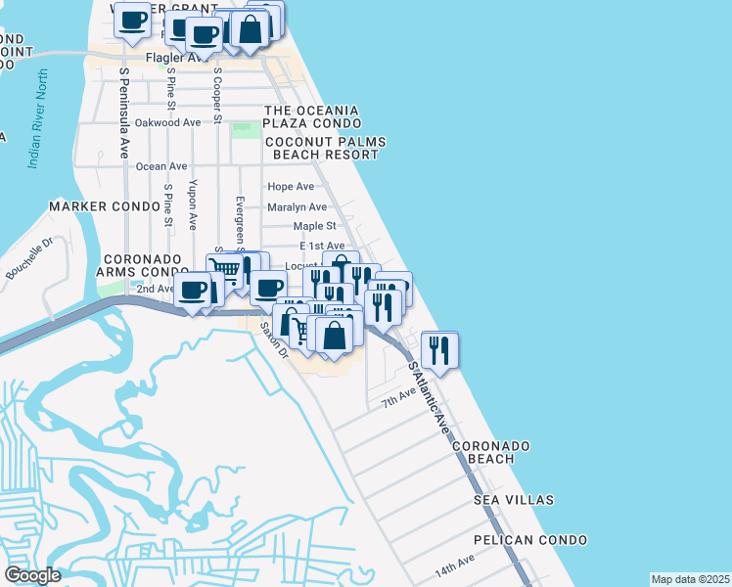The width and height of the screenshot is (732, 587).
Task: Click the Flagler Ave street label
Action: coord(172,58)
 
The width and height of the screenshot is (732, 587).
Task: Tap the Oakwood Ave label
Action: coord(167,122)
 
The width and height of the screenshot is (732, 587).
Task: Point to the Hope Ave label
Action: coord(291,186)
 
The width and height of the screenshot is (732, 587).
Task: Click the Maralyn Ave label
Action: coord(297,206)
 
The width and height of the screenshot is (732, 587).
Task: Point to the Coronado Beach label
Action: coord(491,452)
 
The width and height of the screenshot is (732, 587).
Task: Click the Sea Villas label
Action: coord(514,500)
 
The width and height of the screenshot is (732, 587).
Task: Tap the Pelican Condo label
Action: coord(529,540)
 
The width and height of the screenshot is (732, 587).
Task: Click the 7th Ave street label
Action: coord(399,399)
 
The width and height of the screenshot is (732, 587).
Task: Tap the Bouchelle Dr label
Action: coord(30,258)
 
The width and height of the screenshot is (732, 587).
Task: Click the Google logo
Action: coord(32,575)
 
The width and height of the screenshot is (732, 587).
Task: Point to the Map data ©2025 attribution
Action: coord(690,579)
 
